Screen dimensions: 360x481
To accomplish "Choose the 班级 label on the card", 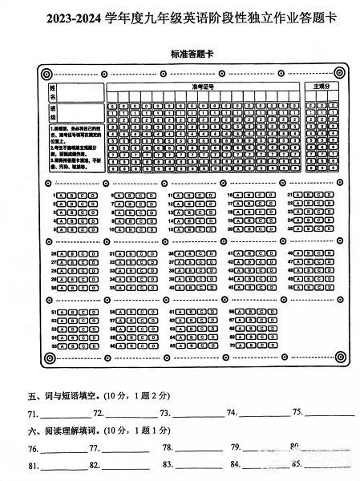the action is click(53, 112).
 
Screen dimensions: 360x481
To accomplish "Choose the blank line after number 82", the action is click(125, 467).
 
